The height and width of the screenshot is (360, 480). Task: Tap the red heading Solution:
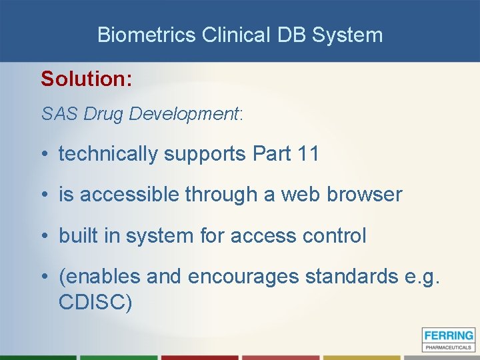point(87,79)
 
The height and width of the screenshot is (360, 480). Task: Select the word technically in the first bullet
point(109,154)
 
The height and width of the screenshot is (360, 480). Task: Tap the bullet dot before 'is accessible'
point(44,195)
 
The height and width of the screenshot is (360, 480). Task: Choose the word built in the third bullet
point(75,235)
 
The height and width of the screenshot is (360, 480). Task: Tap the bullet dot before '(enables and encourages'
point(44,276)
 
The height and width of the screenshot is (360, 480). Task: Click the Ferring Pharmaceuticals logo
point(448,339)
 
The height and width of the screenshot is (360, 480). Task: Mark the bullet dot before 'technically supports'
point(44,154)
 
